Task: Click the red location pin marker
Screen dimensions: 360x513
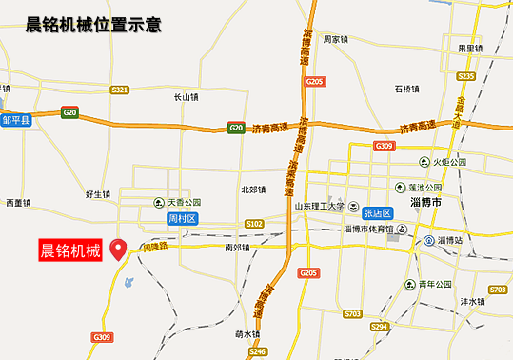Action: [119, 250]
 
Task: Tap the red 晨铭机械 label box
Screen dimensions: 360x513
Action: [70, 251]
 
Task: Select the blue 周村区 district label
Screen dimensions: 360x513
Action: [182, 219]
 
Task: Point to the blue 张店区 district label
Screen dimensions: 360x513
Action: [378, 213]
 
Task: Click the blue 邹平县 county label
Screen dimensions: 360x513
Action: [17, 121]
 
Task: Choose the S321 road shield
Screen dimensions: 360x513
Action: [119, 90]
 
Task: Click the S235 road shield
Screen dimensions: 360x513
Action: [465, 76]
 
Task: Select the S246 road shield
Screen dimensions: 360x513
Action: [258, 352]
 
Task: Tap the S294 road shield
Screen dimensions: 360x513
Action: [380, 327]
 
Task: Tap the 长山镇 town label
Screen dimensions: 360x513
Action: [185, 96]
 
